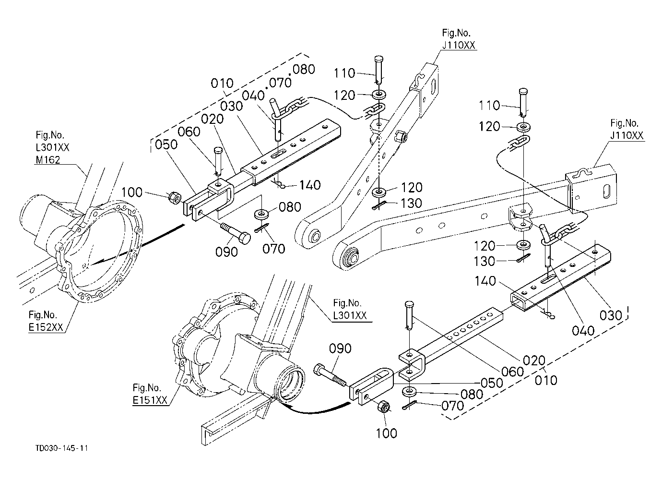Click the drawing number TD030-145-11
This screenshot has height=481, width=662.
(x=61, y=448)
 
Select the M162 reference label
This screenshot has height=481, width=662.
(x=48, y=160)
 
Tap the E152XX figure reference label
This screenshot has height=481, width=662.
(x=46, y=327)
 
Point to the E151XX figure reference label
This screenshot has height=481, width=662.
(x=150, y=400)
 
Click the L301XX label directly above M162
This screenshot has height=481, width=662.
(x=52, y=147)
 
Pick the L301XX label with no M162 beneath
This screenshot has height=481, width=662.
(x=350, y=315)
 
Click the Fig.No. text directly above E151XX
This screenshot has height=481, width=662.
(x=147, y=387)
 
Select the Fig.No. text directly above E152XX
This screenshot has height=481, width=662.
(x=43, y=314)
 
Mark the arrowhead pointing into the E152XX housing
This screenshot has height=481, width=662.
(x=97, y=262)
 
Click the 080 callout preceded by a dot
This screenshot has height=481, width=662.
(x=303, y=70)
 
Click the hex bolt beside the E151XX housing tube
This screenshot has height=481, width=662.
(x=331, y=375)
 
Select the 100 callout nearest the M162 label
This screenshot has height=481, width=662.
(x=131, y=192)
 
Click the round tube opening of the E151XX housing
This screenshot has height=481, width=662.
(x=291, y=384)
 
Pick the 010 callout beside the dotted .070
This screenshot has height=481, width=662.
(x=222, y=84)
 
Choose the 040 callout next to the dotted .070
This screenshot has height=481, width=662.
(x=253, y=96)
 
